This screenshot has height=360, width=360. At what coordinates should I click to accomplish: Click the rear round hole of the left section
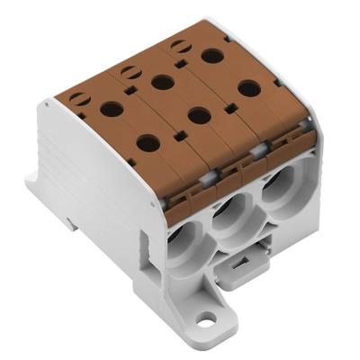(112, 110)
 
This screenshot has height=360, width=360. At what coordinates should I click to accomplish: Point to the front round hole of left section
(148, 141)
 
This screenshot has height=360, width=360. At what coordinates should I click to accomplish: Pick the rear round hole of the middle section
(163, 83)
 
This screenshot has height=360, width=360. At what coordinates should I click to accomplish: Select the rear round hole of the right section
(212, 56)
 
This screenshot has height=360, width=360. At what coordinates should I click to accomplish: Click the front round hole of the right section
(248, 88)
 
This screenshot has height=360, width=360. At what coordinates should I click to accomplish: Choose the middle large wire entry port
(229, 220)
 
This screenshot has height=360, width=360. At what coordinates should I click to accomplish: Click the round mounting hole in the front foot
(210, 318)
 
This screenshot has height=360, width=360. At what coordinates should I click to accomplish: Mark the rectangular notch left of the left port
(144, 242)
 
